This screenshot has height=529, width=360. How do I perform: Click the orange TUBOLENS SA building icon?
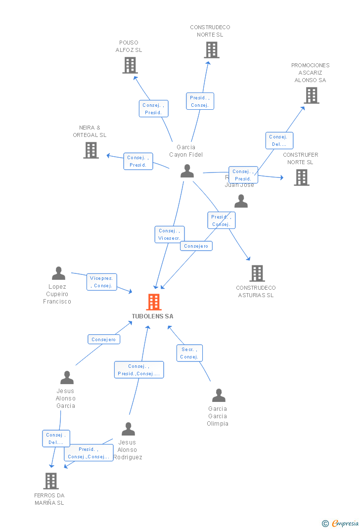click(x=154, y=302)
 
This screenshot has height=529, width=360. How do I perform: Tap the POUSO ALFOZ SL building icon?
click(x=130, y=65)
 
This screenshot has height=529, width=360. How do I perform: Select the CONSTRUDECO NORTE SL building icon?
click(x=211, y=50)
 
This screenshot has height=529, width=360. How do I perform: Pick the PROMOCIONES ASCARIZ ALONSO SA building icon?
click(x=311, y=95)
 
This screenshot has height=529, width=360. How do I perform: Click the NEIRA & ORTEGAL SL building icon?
click(x=91, y=150)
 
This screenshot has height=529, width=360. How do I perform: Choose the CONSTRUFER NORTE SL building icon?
click(x=301, y=177)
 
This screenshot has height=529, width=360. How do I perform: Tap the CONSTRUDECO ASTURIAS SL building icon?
click(x=257, y=273)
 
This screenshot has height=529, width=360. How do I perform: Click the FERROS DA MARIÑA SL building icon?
click(x=51, y=481)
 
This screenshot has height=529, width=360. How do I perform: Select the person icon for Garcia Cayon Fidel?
click(x=187, y=171)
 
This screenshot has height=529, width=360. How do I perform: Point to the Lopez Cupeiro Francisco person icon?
click(x=58, y=273)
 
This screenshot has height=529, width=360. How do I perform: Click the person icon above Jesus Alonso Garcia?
click(x=67, y=378)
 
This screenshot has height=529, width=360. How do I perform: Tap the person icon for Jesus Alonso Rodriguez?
click(x=128, y=429)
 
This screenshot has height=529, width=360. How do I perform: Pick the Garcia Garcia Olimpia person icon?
click(x=219, y=396)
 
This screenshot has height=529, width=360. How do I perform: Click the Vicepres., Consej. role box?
click(x=102, y=282)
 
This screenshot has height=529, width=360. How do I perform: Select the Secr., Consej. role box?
click(x=189, y=353)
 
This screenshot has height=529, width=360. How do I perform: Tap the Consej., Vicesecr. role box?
click(x=170, y=234)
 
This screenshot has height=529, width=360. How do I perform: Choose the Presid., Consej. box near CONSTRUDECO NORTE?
click(x=200, y=101)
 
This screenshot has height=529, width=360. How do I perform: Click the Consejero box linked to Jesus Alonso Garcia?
click(x=104, y=339)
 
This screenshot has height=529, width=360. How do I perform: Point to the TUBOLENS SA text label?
click(x=152, y=316)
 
